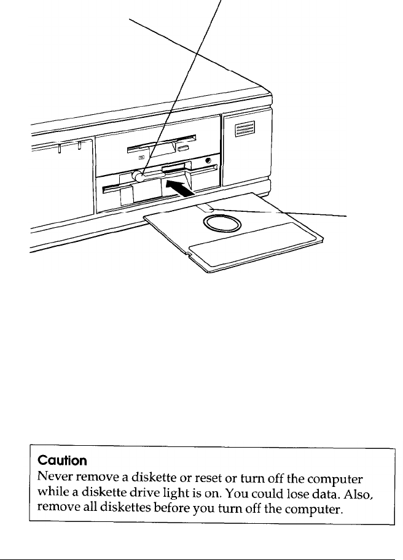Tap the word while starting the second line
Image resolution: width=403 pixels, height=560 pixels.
52,492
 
